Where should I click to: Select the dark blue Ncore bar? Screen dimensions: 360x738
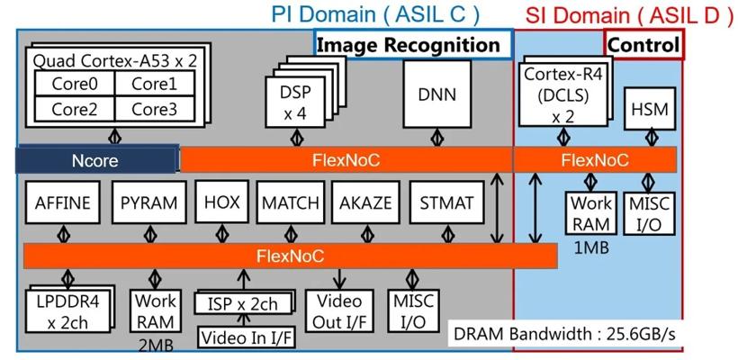(96, 160)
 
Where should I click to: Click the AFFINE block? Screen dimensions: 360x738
(60, 202)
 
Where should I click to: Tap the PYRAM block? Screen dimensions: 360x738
(148, 202)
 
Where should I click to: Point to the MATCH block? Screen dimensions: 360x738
(291, 202)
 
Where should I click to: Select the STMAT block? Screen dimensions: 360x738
(446, 202)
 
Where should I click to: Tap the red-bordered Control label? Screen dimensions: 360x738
(643, 44)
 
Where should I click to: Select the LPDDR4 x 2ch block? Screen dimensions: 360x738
(72, 310)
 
